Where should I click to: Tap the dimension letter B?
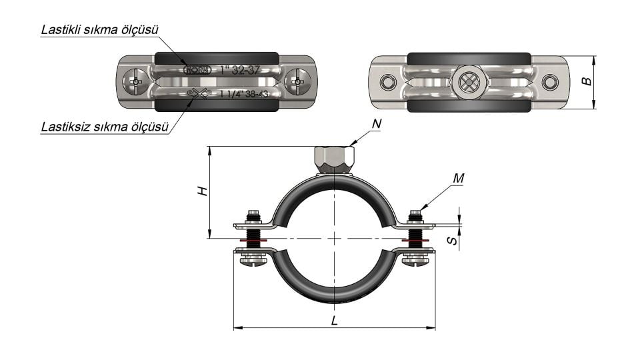(x=586, y=82)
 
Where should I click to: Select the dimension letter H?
(x=203, y=191)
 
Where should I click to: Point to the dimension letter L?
(x=334, y=320)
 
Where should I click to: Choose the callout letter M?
(x=457, y=178)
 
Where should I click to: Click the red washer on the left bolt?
(x=253, y=241)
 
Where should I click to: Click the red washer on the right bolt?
(x=415, y=241)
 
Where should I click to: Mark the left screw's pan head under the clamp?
(x=253, y=263)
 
